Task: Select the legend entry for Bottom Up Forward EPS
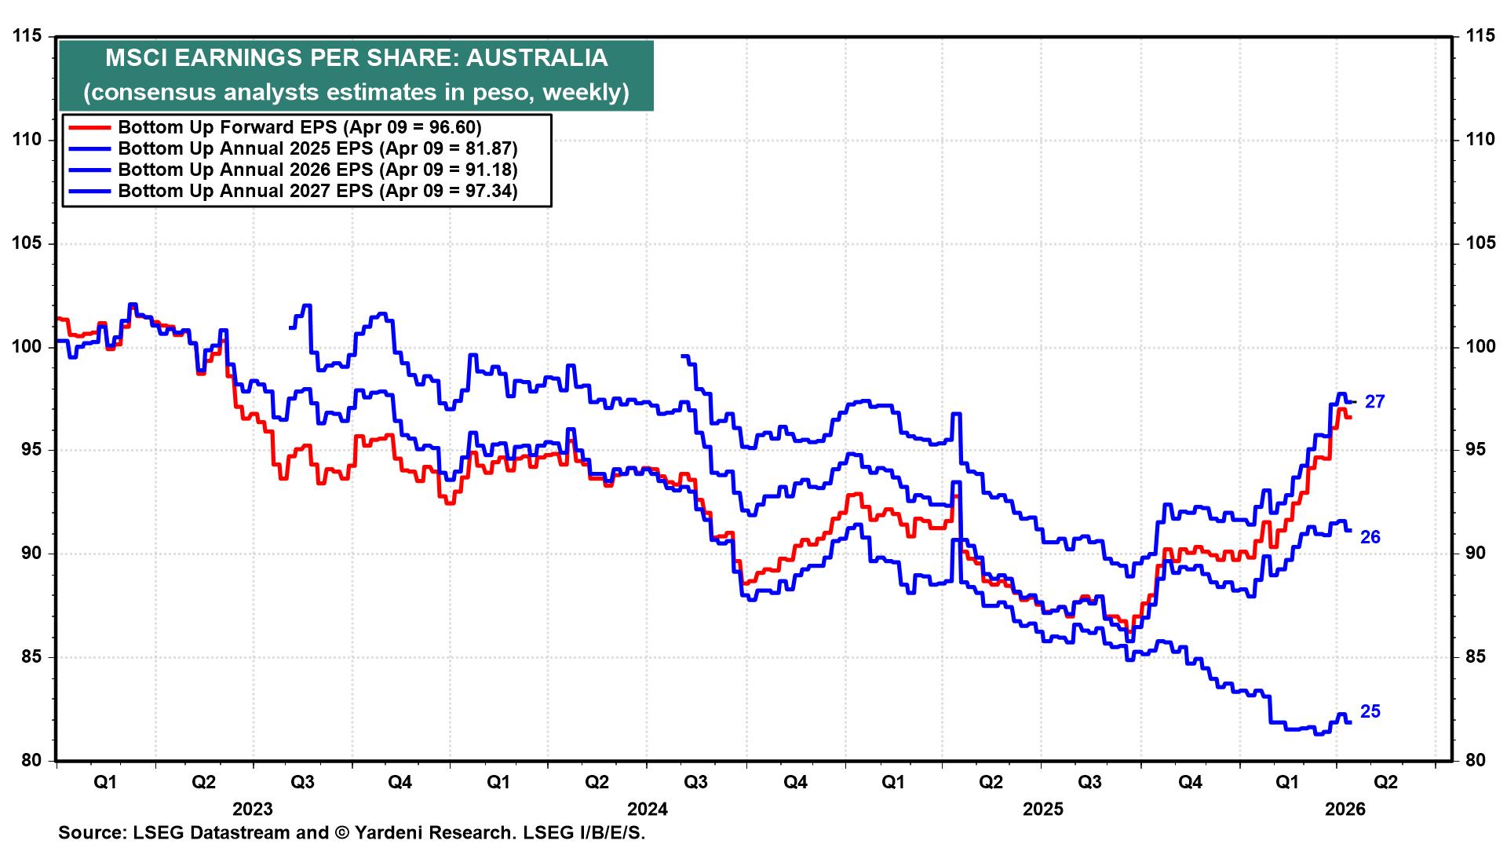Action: coord(299,127)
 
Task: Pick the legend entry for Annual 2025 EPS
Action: coord(317,148)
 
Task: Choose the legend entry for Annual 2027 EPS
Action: coord(317,191)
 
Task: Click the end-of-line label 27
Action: coord(1374,402)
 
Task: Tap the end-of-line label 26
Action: coord(1370,537)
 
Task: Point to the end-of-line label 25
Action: coord(1370,711)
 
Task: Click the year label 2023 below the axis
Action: coord(253,810)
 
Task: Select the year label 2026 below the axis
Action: coord(1345,810)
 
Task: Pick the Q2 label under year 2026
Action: coord(1385,782)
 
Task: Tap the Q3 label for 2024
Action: coord(695,782)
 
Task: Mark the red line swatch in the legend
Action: coord(89,127)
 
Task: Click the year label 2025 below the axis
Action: coord(1042,810)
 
